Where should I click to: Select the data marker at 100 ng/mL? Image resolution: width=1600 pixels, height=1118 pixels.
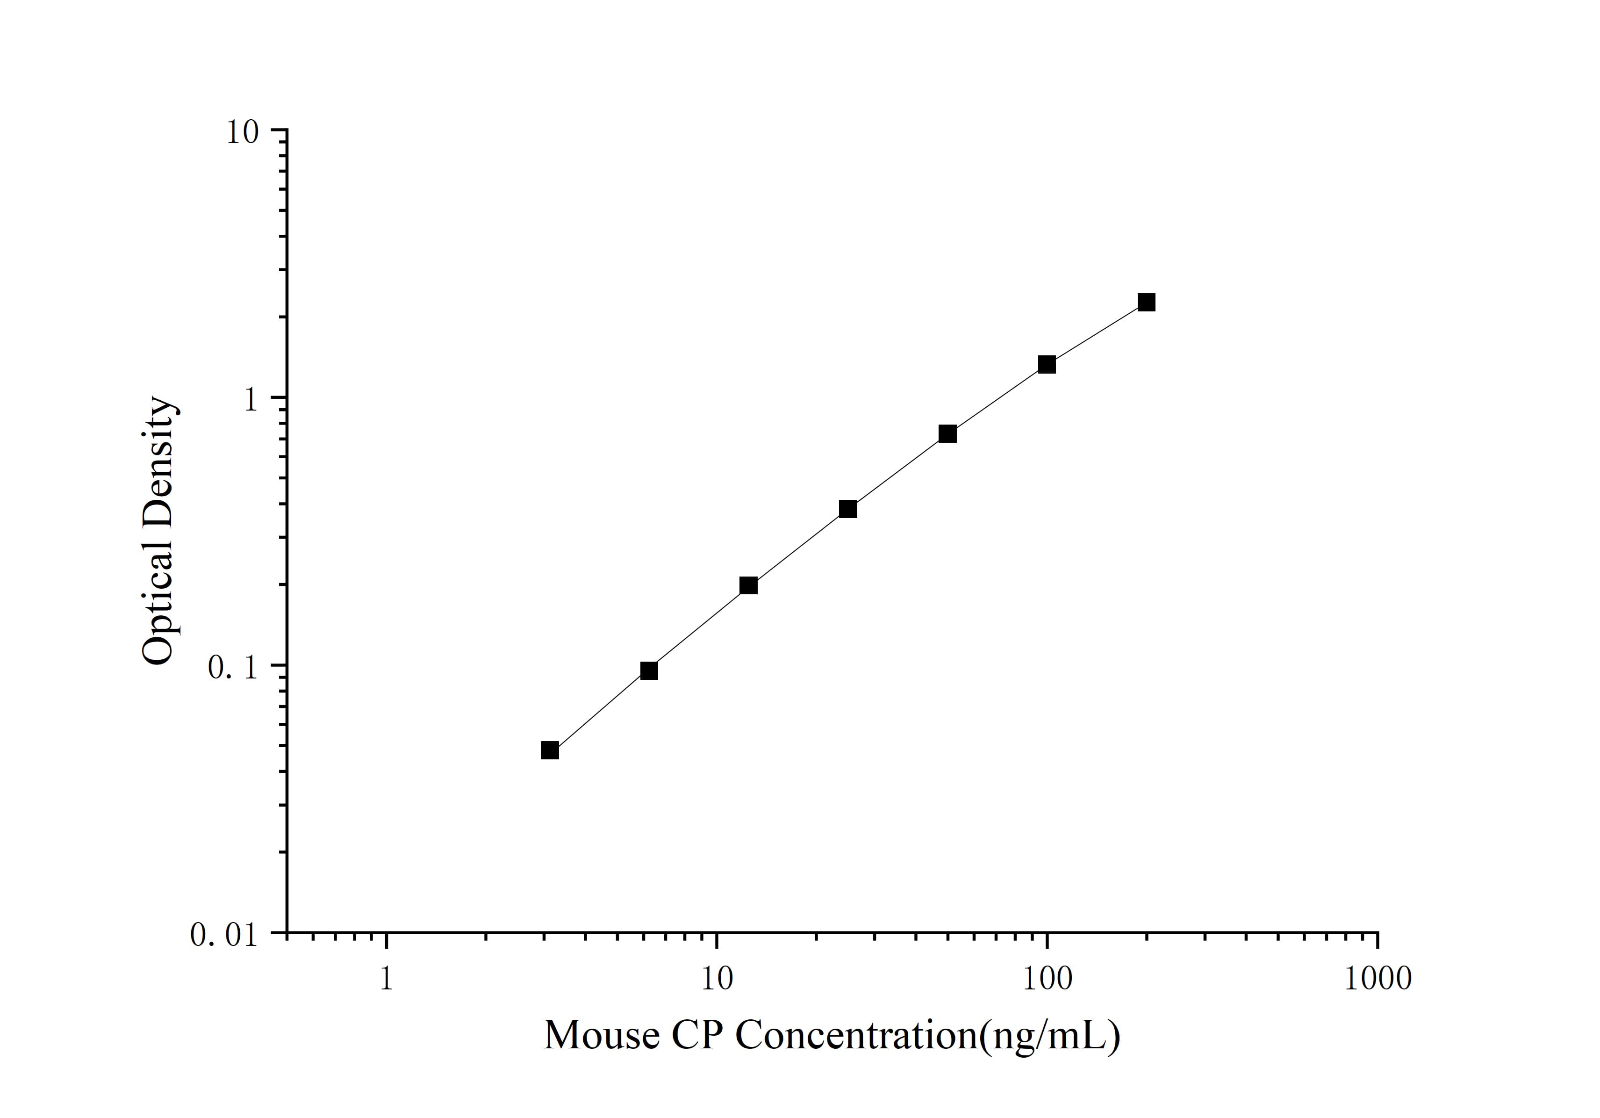pos(1047,365)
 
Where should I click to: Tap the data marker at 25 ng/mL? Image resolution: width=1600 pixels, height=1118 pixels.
pos(848,509)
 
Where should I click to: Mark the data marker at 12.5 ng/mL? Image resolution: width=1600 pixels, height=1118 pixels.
pos(748,585)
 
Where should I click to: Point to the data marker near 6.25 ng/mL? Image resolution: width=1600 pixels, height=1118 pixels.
pos(649,671)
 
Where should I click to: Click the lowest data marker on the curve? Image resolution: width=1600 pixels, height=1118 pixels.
pos(550,750)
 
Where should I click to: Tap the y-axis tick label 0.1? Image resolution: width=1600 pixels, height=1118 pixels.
pos(231,667)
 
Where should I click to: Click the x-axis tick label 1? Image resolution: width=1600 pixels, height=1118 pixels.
pos(386,979)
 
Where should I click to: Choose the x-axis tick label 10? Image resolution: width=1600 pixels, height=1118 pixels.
pos(717,979)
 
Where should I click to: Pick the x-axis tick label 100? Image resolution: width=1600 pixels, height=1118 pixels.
pos(1047,979)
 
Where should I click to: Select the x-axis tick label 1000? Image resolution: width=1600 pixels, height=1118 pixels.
pos(1377,979)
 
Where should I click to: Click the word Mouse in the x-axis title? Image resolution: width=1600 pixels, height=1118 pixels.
pos(601,1035)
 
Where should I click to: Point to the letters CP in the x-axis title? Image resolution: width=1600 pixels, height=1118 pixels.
pos(697,1035)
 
